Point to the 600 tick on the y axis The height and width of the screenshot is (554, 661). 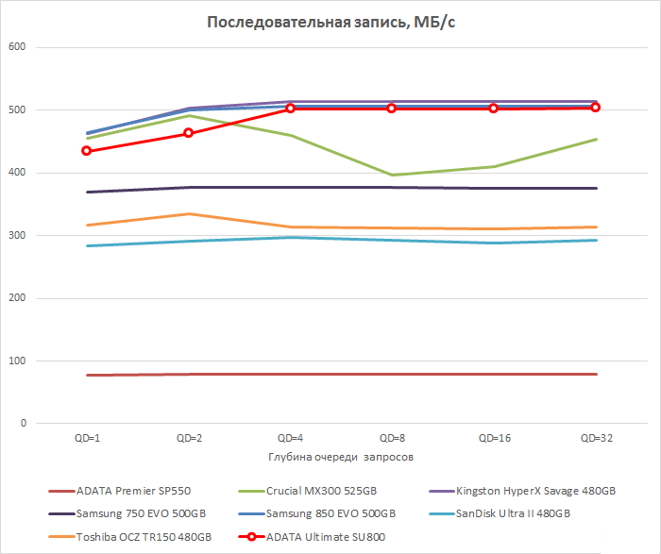(18, 47)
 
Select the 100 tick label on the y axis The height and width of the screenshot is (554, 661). (18, 361)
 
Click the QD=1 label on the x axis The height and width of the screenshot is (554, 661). (87, 439)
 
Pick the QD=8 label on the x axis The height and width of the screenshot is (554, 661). (393, 439)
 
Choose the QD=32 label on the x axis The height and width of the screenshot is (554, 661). (596, 439)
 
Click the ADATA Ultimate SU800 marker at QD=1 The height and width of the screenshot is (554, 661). (87, 151)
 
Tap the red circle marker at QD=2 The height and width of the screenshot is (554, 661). (189, 133)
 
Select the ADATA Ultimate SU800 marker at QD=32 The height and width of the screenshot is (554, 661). (596, 108)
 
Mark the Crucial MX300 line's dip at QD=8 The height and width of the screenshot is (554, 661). (393, 175)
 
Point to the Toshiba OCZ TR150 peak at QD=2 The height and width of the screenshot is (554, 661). (189, 214)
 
